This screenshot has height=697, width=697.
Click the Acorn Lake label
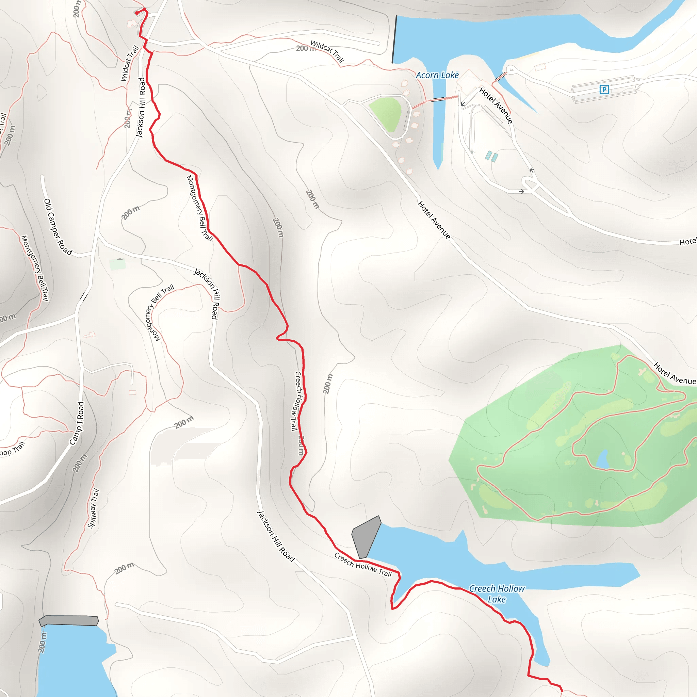point(437,75)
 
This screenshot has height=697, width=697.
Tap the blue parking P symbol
point(604,89)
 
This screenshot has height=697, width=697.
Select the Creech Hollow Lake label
point(497,594)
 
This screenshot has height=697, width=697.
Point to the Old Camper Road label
point(58,227)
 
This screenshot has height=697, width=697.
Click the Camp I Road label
point(77,423)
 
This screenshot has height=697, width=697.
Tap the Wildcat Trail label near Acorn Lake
point(327,51)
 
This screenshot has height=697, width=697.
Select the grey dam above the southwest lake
point(68,620)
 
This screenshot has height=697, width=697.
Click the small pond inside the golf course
point(603,459)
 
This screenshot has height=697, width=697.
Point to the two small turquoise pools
point(491,157)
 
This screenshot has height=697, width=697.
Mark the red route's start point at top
point(137,13)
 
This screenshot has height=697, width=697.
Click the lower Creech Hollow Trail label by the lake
point(362,564)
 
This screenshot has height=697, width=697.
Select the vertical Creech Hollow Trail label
point(296,401)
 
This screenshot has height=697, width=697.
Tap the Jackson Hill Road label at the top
point(141,107)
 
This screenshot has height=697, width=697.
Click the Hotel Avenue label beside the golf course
point(674,373)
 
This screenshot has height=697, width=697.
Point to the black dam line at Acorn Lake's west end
point(394,39)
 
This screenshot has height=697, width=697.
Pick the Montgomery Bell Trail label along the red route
point(199,208)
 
